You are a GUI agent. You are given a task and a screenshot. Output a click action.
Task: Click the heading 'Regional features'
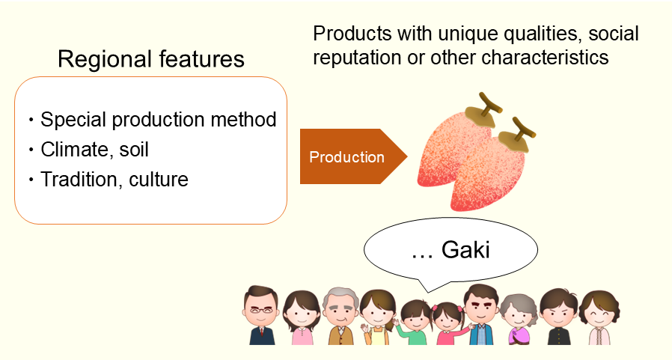pyautogui.click(x=151, y=60)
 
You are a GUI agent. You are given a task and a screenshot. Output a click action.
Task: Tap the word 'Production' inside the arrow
pyautogui.click(x=346, y=157)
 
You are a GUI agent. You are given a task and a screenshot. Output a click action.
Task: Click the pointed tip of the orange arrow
pyautogui.click(x=406, y=156)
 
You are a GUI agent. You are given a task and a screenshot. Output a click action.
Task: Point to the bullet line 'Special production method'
pyautogui.click(x=159, y=120)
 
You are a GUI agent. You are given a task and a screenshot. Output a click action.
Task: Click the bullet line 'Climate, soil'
pyautogui.click(x=95, y=150)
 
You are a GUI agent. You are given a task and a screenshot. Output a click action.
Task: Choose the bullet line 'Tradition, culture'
pyautogui.click(x=114, y=180)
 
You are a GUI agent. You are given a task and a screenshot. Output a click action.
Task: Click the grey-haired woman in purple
pyautogui.click(x=519, y=318)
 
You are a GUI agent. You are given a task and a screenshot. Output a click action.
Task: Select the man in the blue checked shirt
pyautogui.click(x=481, y=314)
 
